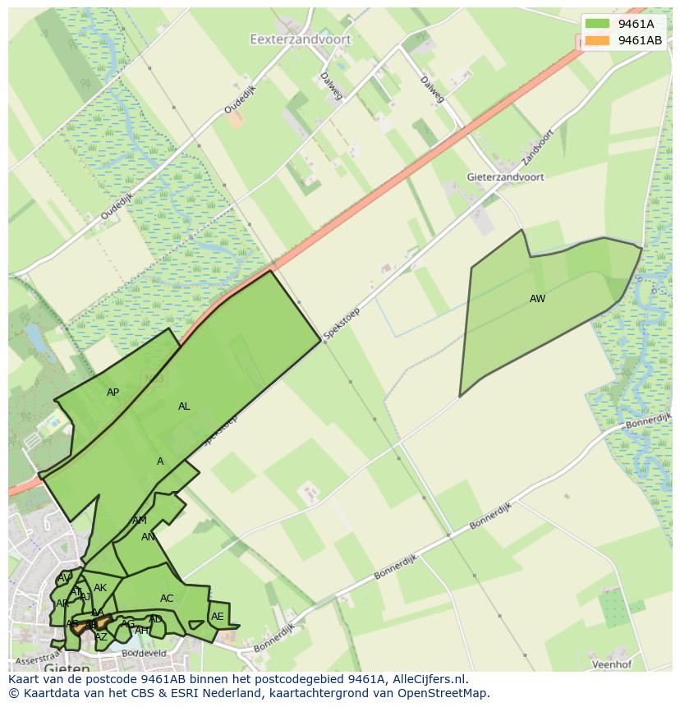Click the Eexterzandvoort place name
(300, 39)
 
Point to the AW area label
(537, 299)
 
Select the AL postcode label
(184, 406)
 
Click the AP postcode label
(113, 393)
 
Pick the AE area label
(218, 617)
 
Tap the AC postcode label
(167, 599)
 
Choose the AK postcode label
(100, 588)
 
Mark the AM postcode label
(140, 521)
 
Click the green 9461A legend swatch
(597, 24)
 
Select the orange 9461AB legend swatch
(597, 40)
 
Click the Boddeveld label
(144, 654)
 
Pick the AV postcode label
(64, 579)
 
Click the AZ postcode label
(101, 637)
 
